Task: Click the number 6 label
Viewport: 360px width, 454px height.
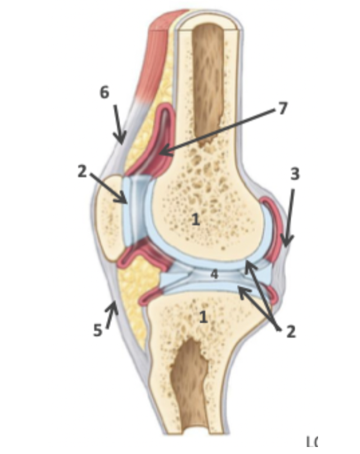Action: pos(104,93)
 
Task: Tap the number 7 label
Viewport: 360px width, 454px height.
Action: pos(283,108)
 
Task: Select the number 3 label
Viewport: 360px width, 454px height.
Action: pos(295,173)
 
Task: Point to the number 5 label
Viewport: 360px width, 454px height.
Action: pos(97,331)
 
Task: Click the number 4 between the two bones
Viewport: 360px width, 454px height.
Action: pos(214,274)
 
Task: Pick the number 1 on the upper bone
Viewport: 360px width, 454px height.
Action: pos(196,219)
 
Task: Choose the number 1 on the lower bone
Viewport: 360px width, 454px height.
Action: pos(203,317)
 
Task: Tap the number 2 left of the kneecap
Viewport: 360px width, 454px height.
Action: pos(82,172)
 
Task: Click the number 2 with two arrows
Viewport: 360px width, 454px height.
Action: pos(290,331)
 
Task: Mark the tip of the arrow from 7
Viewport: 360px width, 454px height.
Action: pos(160,154)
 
